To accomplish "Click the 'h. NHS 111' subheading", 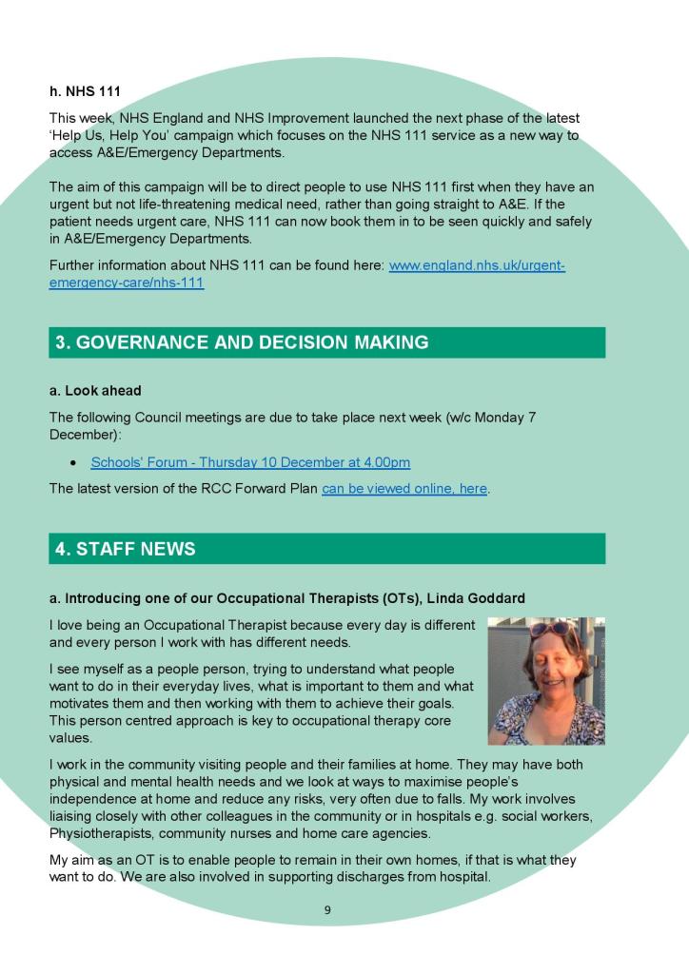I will (x=85, y=92).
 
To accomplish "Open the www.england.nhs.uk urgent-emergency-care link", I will (x=477, y=265).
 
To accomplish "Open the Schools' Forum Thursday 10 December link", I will (x=250, y=463).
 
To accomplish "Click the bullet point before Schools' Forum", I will (x=73, y=463).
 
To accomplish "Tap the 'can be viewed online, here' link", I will (x=404, y=489).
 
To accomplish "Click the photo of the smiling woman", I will (x=546, y=681).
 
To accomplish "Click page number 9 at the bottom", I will (x=327, y=910).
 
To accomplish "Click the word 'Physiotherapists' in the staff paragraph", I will (x=98, y=833).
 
